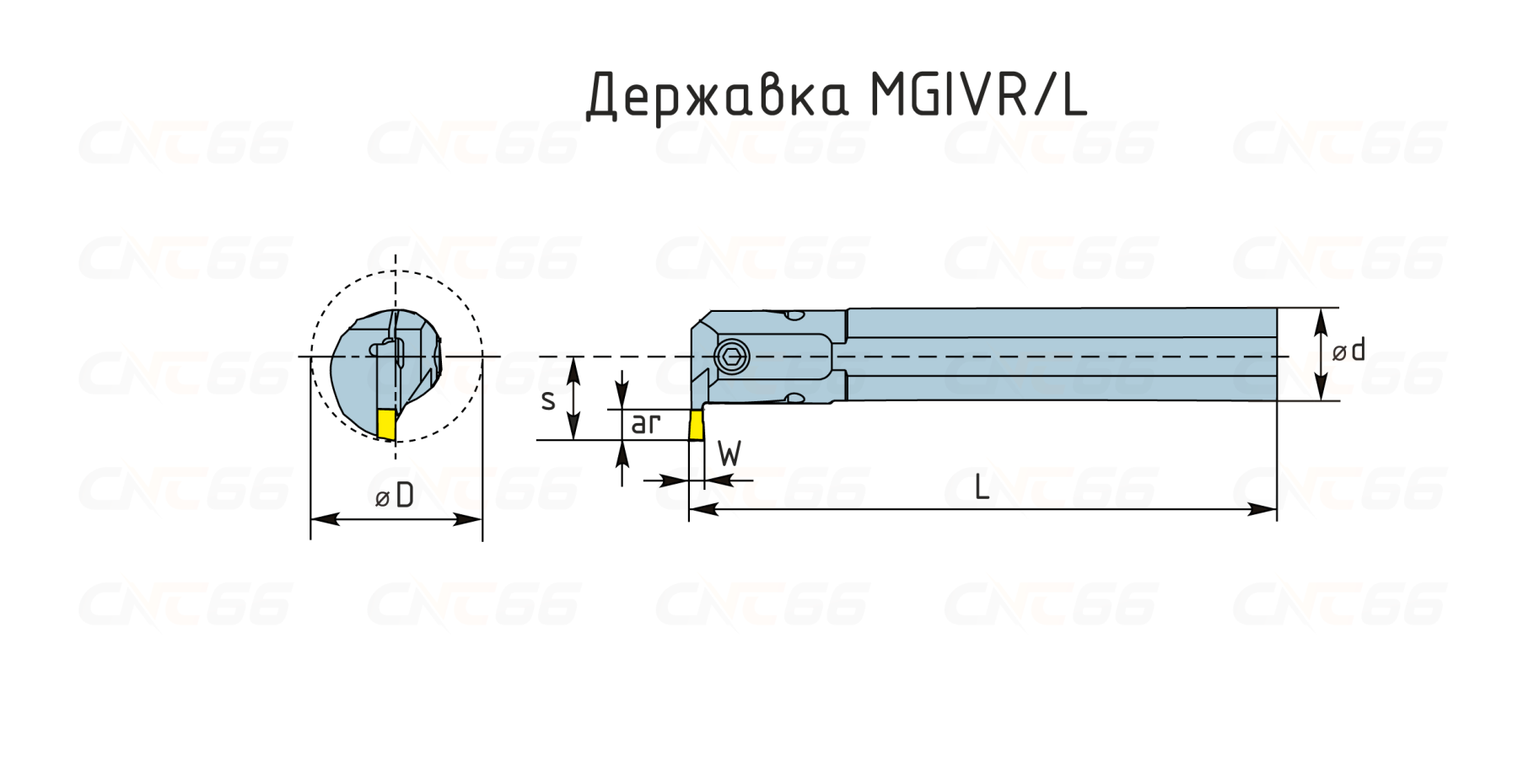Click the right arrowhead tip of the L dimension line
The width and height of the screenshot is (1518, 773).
(x=1276, y=509)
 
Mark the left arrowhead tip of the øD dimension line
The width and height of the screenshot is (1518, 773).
(x=311, y=519)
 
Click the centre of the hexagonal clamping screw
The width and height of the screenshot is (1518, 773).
(x=731, y=357)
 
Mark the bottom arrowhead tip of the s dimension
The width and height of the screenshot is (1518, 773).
(x=573, y=439)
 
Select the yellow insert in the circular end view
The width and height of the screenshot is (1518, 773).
(x=387, y=424)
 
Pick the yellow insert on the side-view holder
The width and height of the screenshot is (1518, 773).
(x=697, y=425)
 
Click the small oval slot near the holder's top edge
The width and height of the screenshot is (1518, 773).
(x=795, y=317)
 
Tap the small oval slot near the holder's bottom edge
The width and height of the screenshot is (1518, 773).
(x=794, y=397)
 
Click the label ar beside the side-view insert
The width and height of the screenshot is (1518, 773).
(x=645, y=423)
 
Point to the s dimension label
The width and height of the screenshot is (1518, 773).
(x=548, y=400)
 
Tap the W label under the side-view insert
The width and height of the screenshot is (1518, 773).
(x=729, y=454)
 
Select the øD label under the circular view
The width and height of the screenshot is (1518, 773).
(x=395, y=497)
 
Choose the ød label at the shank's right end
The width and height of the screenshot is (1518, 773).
(x=1348, y=350)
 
